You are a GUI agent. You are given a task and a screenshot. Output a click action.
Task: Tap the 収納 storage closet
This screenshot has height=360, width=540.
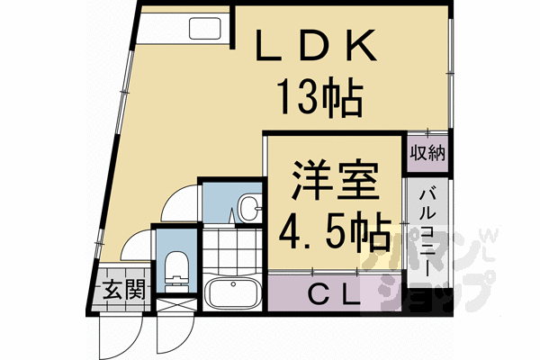(428, 152)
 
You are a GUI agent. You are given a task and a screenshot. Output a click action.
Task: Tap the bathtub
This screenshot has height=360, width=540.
(232, 293)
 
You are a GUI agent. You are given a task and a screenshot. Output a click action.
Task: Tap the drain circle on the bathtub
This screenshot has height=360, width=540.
(215, 293)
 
